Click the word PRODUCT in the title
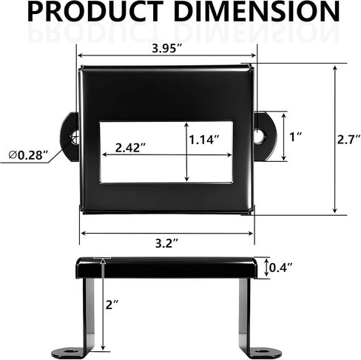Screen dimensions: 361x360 point(95,12)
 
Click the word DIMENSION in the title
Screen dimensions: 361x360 point(257,12)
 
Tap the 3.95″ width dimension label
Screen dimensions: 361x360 point(167,48)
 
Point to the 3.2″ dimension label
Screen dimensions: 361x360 point(166,243)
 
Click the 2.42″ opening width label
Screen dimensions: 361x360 point(130,148)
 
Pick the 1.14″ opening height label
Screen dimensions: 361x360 point(204,140)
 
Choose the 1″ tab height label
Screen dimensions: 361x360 point(296,137)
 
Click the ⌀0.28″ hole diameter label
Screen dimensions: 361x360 point(28,155)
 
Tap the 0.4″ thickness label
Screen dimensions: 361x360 point(280,268)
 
